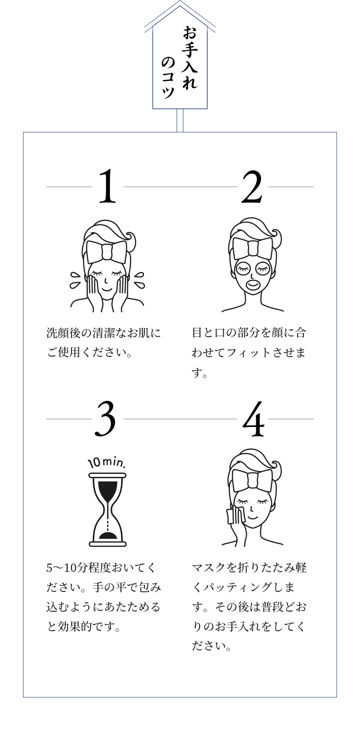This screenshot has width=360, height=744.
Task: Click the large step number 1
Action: click(x=108, y=186)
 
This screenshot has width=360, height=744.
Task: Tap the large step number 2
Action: click(x=252, y=186)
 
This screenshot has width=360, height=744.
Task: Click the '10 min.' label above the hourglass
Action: click(x=107, y=462)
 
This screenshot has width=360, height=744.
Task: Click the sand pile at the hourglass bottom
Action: click(x=108, y=535)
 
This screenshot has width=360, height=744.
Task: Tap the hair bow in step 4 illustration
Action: click(x=252, y=480)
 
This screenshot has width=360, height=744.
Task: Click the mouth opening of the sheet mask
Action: click(x=252, y=284)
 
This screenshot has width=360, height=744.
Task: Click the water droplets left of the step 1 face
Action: click(x=75, y=280)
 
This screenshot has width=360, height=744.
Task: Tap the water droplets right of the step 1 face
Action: click(x=139, y=280)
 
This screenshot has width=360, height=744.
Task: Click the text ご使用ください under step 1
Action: click(x=90, y=352)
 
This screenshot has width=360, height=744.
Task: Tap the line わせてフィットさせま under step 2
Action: click(x=249, y=352)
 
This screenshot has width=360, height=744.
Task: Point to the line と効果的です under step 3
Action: click(x=84, y=626)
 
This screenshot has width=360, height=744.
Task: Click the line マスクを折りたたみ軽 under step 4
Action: click(x=249, y=567)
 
